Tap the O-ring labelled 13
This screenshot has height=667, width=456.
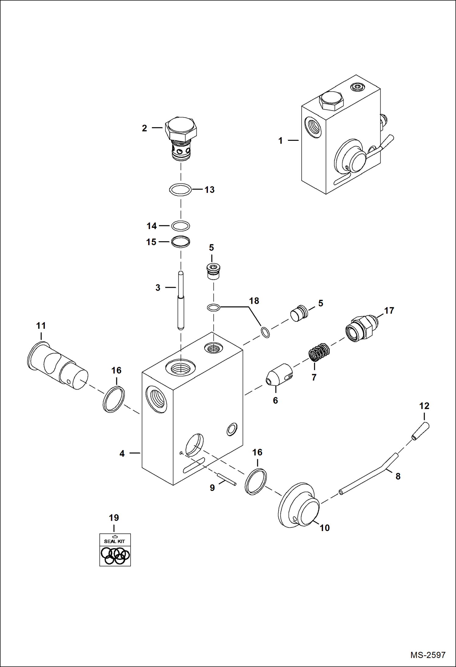[x=180, y=190]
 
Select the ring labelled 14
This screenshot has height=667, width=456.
[x=181, y=226]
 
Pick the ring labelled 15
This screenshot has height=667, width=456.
[x=181, y=242]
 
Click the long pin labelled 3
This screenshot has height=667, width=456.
[x=181, y=300]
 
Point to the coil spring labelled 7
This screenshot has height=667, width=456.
[x=319, y=352]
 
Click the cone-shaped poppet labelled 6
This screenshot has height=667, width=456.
[x=279, y=374]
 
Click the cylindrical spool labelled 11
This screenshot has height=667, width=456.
[x=57, y=366]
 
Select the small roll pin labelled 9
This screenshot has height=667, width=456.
[x=226, y=479]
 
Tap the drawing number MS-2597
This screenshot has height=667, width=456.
[x=428, y=655]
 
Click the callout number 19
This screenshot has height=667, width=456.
[x=114, y=517]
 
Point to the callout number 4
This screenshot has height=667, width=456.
[x=122, y=453]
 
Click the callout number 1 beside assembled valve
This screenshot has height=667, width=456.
[x=280, y=141]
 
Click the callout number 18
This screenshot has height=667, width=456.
[x=254, y=301]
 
